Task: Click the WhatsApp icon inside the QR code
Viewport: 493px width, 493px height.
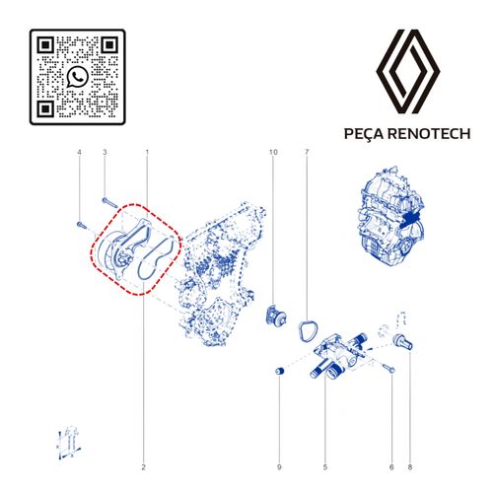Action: pos(78,77)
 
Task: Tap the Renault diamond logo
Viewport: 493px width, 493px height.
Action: pos(408,71)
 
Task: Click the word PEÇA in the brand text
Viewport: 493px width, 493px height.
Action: pos(364,134)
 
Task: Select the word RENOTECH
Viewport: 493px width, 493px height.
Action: pos(429,134)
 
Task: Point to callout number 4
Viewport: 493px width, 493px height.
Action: pos(79,152)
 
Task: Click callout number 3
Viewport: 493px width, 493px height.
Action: pos(105,152)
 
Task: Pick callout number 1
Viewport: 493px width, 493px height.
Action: pos(147,152)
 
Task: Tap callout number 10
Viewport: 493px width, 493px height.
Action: pos(273,152)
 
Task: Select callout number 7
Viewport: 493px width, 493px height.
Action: pos(307,152)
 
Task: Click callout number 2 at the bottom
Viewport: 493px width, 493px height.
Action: pos(143,467)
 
